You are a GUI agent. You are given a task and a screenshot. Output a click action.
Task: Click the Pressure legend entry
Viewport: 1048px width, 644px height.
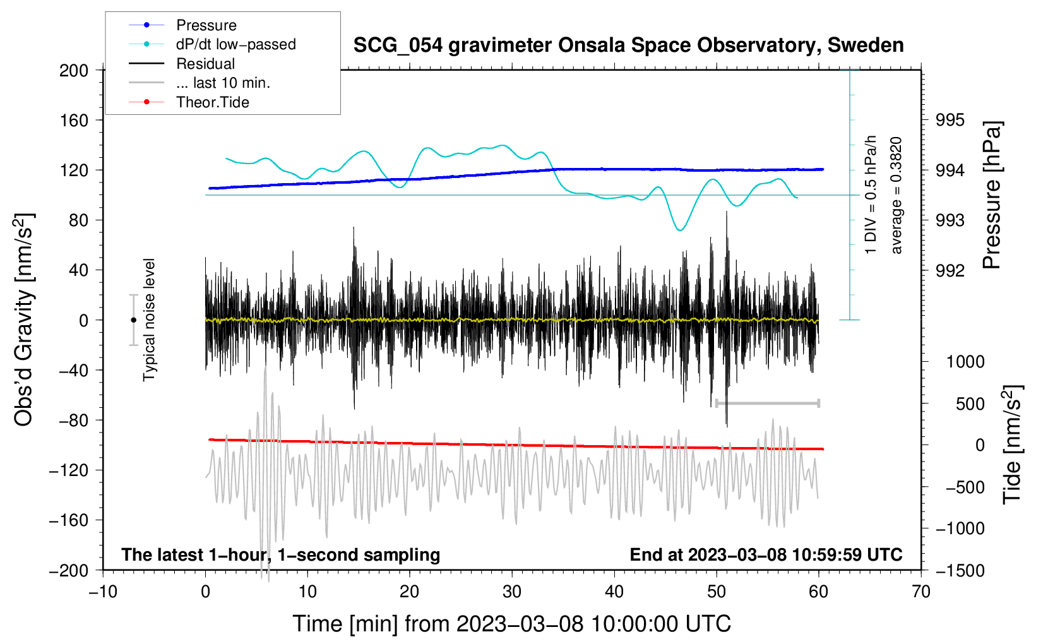click(x=206, y=25)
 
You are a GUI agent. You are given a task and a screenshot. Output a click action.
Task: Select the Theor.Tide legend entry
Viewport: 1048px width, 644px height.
click(x=212, y=102)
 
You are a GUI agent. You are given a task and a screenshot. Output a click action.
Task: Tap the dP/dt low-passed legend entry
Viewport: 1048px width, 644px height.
click(x=235, y=44)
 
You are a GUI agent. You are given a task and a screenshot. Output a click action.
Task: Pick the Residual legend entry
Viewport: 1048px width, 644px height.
click(x=205, y=64)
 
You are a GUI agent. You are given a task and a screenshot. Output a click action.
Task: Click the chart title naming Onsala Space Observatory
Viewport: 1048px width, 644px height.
click(x=628, y=45)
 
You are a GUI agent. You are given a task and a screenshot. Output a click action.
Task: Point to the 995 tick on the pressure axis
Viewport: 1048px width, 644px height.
click(x=950, y=120)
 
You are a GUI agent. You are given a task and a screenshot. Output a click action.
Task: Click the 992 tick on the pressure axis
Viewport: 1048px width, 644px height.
click(x=950, y=271)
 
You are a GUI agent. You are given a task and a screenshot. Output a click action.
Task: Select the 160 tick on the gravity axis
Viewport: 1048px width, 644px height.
click(x=74, y=120)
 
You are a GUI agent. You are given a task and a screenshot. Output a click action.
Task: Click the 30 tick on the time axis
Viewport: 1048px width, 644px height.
click(x=512, y=592)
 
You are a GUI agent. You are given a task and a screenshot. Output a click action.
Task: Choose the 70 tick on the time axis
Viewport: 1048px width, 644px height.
click(x=921, y=592)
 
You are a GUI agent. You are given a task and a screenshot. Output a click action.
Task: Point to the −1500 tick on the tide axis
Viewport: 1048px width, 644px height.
click(x=960, y=571)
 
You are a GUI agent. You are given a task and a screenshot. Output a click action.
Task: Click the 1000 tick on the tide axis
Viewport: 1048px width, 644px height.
click(x=965, y=362)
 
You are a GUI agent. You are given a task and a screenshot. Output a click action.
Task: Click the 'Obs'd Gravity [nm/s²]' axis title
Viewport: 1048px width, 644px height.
click(x=24, y=320)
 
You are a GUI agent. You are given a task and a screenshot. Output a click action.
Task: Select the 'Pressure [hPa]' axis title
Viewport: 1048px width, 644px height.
click(x=992, y=196)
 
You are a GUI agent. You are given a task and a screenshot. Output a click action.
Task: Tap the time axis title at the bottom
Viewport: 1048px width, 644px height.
click(x=511, y=624)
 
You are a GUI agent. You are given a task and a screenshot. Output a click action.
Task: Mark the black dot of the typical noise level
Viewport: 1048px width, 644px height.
click(x=133, y=320)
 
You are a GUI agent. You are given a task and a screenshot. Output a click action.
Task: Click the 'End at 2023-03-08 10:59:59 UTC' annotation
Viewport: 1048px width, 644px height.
click(x=766, y=555)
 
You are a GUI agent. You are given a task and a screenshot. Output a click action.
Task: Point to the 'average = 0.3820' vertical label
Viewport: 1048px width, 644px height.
click(x=896, y=196)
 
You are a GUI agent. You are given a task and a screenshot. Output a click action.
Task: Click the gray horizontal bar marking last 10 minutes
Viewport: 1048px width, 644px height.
click(x=767, y=403)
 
